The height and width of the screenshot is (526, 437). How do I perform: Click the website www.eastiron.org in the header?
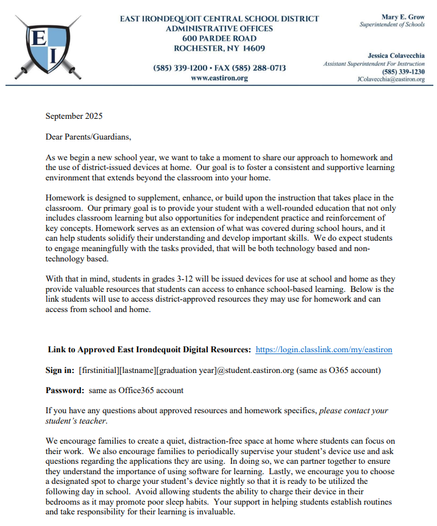[x=219, y=78]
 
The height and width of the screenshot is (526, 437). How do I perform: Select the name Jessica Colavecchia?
[x=396, y=55]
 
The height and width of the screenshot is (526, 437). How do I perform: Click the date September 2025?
[x=74, y=116]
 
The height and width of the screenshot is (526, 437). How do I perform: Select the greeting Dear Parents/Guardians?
[x=88, y=136]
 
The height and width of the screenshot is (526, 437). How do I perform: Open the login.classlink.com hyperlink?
[x=324, y=350]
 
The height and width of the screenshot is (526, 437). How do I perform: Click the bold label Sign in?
[x=60, y=370]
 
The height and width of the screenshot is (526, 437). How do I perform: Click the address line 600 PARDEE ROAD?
[x=219, y=38]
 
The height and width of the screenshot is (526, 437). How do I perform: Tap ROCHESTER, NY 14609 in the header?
[x=219, y=48]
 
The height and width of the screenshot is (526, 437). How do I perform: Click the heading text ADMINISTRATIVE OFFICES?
[x=219, y=28]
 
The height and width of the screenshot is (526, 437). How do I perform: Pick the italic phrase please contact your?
[x=354, y=410]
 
